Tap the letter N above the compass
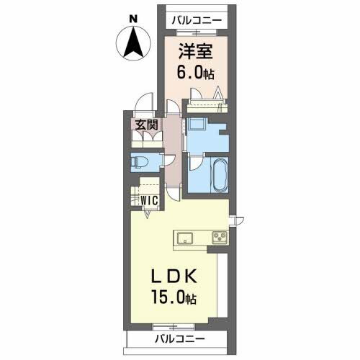(132, 17)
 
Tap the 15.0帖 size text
(174, 297)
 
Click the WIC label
(149, 200)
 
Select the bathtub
(217, 175)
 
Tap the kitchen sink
(184, 237)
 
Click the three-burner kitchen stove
(218, 237)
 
